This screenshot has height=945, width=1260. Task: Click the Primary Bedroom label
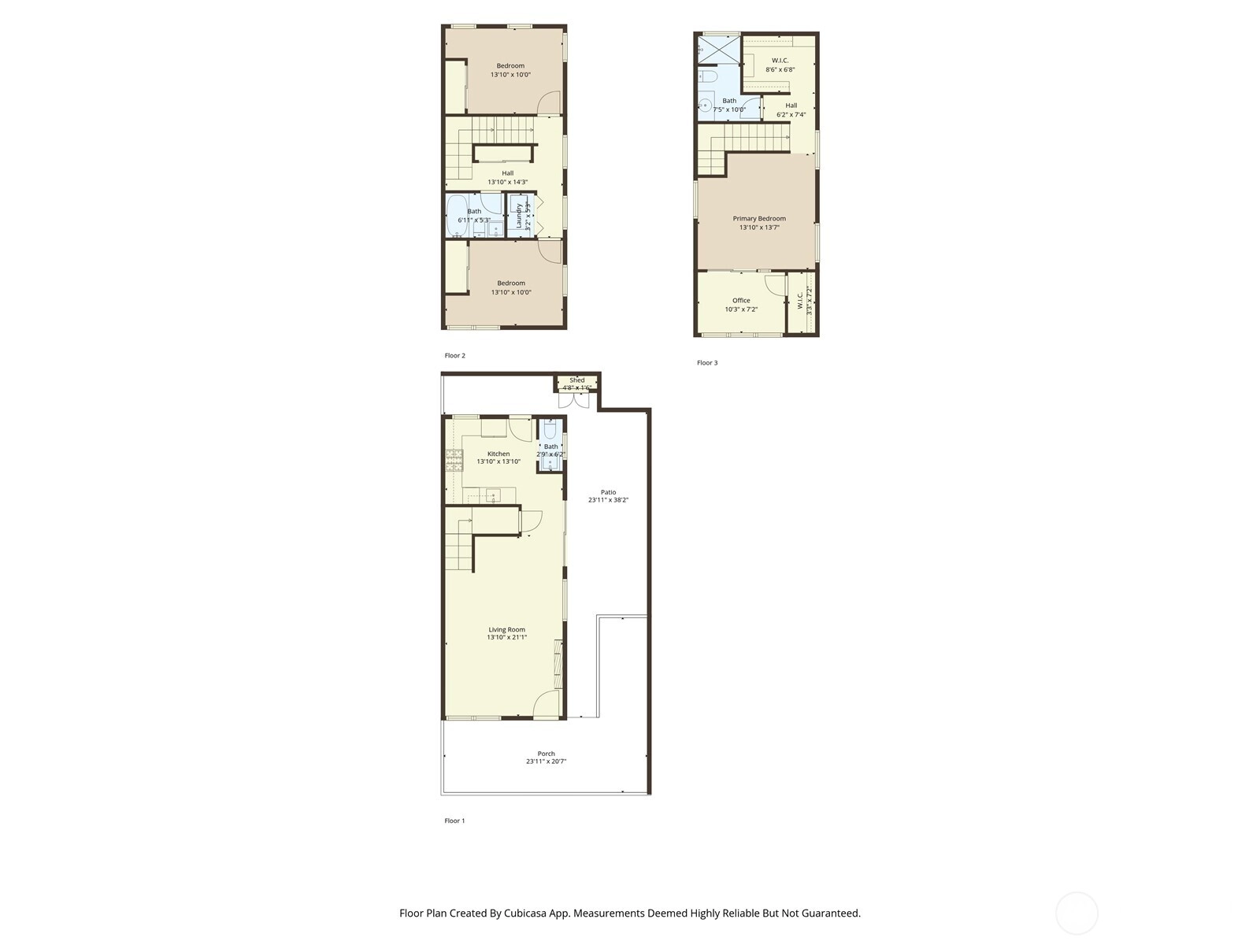759,219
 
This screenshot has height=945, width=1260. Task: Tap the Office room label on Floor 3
741,300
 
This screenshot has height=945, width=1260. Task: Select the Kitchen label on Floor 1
498,454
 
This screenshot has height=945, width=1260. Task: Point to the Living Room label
507,629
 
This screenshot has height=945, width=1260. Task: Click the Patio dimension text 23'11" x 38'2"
608,500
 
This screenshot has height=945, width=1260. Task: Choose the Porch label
547,754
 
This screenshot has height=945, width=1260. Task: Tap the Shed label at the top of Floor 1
577,380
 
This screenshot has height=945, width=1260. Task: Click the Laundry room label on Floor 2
519,216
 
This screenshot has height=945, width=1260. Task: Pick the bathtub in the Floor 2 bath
457,217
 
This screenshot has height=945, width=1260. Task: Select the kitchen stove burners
454,461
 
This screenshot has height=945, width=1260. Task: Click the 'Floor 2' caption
454,356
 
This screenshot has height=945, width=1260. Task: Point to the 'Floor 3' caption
707,362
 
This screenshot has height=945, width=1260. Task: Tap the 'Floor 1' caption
454,821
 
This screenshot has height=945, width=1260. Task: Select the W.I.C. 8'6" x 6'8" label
780,65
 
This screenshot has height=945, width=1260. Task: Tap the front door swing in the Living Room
547,703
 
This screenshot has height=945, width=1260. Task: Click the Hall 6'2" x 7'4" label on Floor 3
791,109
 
